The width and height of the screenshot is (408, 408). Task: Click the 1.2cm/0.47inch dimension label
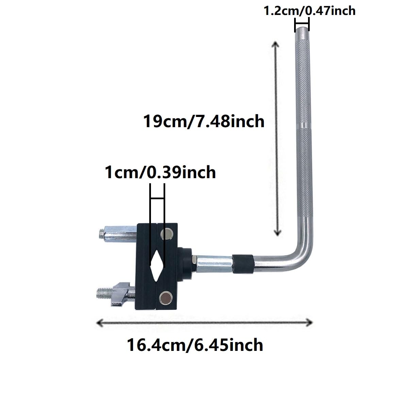click(x=309, y=11)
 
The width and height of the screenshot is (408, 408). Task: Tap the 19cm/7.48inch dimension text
click(x=204, y=121)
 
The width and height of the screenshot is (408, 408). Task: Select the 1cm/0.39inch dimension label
click(x=160, y=172)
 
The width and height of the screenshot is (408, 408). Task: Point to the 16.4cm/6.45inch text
click(x=195, y=345)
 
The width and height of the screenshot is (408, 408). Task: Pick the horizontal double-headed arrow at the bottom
click(x=204, y=322)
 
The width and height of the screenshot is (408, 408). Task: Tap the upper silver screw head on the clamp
click(x=167, y=234)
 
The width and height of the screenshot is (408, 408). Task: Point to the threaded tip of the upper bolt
click(x=101, y=234)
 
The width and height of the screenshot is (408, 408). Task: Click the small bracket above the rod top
click(x=302, y=24)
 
